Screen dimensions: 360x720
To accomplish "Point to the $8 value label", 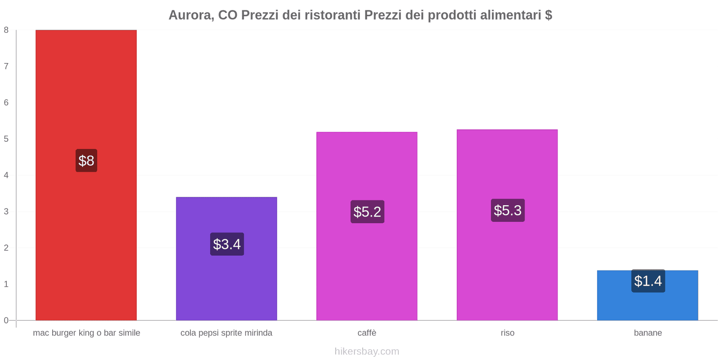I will tap(86, 161).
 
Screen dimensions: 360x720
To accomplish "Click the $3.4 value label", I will tap(227, 244).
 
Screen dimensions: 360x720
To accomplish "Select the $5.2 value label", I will tap(367, 212).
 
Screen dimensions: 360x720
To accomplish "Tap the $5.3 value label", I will tap(508, 210).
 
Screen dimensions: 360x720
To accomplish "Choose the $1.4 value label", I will tap(648, 281).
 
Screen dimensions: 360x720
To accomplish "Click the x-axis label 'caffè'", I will tap(367, 333).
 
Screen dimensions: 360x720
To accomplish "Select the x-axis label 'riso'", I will tap(507, 333).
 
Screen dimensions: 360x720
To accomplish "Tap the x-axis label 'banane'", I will tap(648, 333).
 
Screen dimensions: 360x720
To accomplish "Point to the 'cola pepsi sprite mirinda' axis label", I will tap(226, 333).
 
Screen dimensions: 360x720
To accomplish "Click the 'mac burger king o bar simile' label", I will tap(86, 333).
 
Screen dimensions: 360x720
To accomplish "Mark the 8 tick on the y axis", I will tap(6, 30).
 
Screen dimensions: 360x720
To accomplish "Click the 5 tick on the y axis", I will tap(6, 139).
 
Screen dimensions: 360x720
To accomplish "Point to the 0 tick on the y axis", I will tap(6, 320).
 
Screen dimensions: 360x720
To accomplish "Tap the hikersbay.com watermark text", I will tap(367, 351).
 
